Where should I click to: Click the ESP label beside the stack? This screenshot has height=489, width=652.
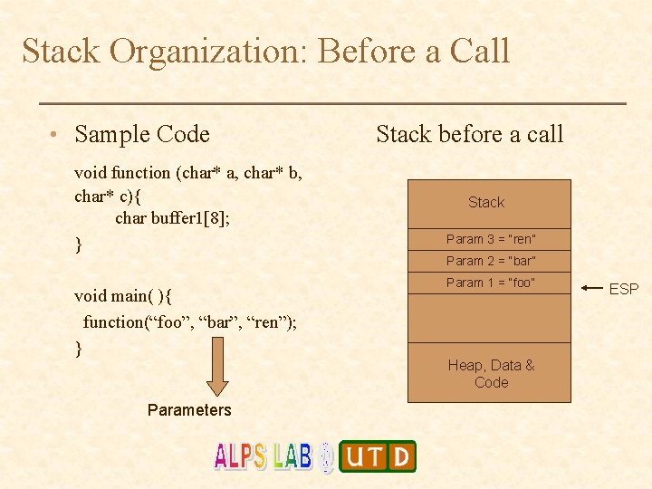(x=623, y=289)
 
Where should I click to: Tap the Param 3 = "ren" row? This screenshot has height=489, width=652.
(x=490, y=239)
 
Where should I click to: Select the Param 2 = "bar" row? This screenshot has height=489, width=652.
(x=490, y=261)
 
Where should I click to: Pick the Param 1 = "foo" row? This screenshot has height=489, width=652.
(x=490, y=283)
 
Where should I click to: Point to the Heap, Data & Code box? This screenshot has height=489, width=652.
(x=490, y=373)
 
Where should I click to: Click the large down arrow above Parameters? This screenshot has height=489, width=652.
(x=217, y=367)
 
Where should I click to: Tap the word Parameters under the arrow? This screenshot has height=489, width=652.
(x=189, y=410)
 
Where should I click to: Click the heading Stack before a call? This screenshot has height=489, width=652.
(x=469, y=135)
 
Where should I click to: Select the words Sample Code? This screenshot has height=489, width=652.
(x=142, y=135)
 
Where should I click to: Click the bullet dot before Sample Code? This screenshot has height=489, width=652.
(x=56, y=136)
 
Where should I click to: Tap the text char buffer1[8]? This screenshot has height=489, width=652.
(x=172, y=218)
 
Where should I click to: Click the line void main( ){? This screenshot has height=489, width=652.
(x=125, y=296)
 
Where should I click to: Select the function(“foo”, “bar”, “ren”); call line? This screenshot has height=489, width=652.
(x=190, y=321)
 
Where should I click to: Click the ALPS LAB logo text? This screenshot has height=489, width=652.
(x=264, y=455)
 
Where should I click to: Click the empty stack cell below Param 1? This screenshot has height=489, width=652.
(x=490, y=318)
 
